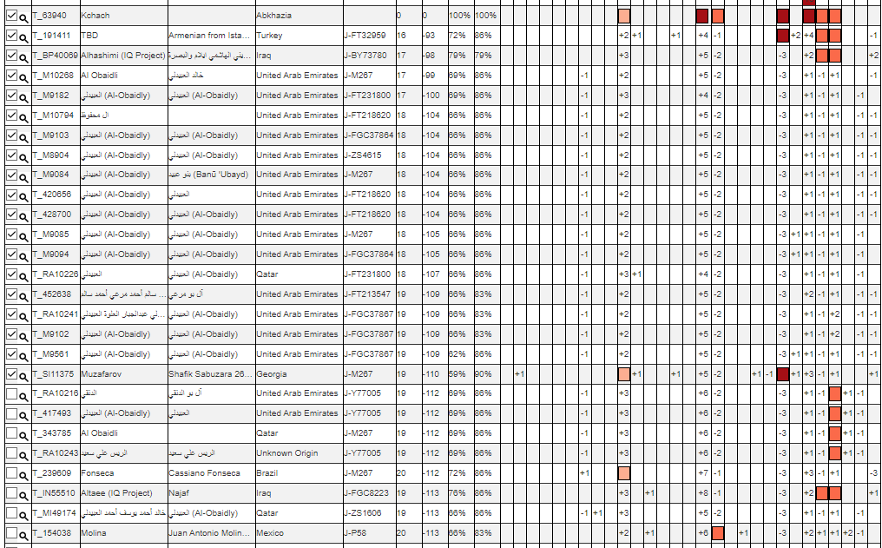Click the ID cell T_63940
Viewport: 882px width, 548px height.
(x=48, y=16)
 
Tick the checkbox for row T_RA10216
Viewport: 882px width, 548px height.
(x=11, y=393)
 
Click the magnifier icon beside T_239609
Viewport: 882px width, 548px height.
(x=23, y=474)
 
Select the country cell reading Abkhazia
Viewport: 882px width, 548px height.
(x=274, y=16)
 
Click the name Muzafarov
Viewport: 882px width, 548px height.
(x=101, y=373)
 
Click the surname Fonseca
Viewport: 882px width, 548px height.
(x=97, y=473)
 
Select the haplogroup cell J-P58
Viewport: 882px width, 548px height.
(x=357, y=532)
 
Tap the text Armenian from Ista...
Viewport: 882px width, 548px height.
(x=209, y=36)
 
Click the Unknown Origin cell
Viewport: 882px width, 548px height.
(x=287, y=453)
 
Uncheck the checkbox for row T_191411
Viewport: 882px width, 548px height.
(x=11, y=36)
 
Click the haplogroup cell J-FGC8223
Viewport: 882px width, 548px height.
(x=367, y=493)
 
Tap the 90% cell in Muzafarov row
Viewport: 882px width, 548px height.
(x=483, y=373)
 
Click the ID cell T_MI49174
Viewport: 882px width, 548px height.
(x=54, y=512)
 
